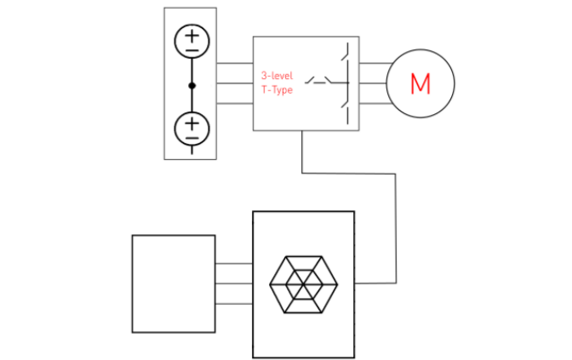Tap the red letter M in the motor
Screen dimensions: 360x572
pyautogui.click(x=420, y=83)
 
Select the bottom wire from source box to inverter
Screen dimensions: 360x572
pyautogui.click(x=234, y=103)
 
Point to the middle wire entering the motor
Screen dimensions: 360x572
pyautogui.click(x=374, y=83)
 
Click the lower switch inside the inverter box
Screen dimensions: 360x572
pyautogui.click(x=346, y=106)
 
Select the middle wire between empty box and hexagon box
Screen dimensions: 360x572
pyautogui.click(x=234, y=283)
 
